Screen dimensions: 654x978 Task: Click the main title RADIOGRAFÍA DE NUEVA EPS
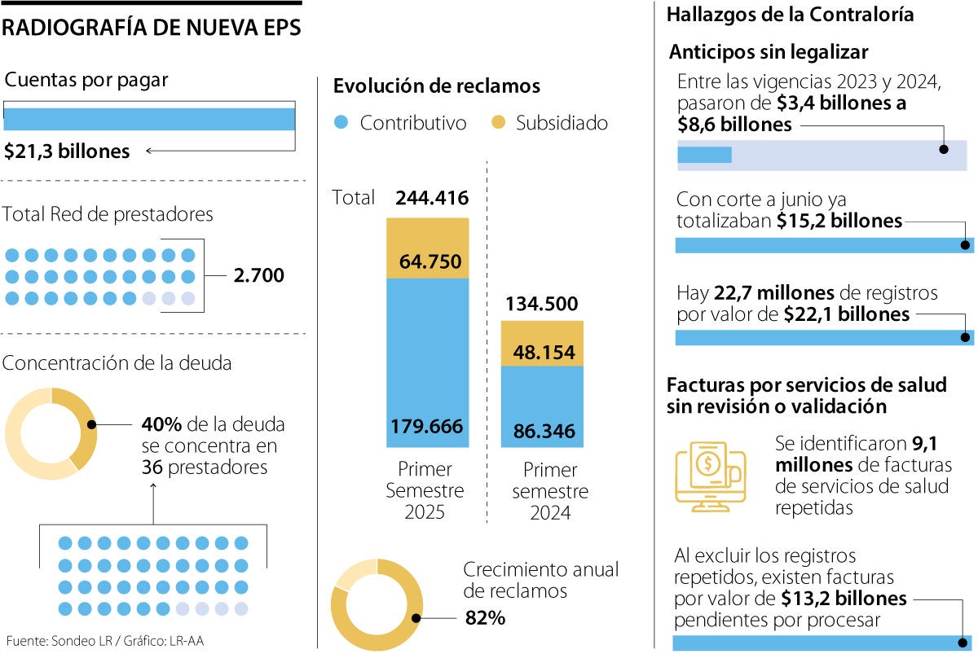[152, 28]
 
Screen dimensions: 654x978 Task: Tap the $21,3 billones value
[67, 151]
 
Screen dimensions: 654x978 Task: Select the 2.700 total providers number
[258, 275]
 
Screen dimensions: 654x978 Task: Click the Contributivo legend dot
[342, 123]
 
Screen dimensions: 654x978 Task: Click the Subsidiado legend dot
[499, 123]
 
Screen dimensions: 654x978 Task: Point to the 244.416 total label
[431, 198]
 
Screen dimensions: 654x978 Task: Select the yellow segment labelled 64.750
[428, 248]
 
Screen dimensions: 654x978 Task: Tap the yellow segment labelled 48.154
[542, 343]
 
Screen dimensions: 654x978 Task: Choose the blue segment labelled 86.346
[542, 406]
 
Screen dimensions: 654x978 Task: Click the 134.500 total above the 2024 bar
[542, 305]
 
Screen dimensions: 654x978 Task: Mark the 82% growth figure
[485, 618]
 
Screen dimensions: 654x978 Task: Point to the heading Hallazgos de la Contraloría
[790, 15]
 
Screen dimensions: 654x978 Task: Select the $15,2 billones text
[839, 221]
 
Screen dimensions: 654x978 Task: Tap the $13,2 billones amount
[844, 599]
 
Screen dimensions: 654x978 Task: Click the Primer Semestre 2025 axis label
[425, 491]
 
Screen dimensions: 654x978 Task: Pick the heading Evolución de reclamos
[437, 86]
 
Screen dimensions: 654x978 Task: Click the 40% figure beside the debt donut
[161, 424]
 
